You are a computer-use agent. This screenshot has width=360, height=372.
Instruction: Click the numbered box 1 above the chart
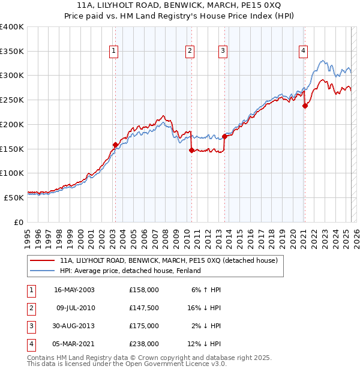(x=113, y=52)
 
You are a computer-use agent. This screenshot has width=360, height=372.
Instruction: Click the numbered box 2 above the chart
(x=190, y=52)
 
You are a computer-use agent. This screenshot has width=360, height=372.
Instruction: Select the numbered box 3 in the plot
(x=223, y=52)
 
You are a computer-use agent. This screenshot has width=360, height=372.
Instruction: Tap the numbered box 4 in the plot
(x=304, y=52)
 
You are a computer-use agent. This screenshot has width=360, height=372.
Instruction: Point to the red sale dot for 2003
(x=115, y=145)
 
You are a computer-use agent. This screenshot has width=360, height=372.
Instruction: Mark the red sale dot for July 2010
(x=191, y=150)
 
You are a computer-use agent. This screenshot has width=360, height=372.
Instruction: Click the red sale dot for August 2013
(x=225, y=136)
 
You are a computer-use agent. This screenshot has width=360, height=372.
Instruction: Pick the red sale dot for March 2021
(x=305, y=106)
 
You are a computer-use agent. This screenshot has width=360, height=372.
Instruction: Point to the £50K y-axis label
(x=14, y=197)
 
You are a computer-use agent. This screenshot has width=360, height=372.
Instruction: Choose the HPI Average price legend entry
(x=130, y=271)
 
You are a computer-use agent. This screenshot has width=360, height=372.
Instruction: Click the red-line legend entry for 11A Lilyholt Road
(x=168, y=261)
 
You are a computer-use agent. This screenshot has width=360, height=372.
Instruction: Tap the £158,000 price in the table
(x=143, y=290)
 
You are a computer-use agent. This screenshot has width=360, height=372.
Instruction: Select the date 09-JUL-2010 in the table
(x=74, y=308)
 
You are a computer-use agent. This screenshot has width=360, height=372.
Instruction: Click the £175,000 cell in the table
(x=143, y=326)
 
